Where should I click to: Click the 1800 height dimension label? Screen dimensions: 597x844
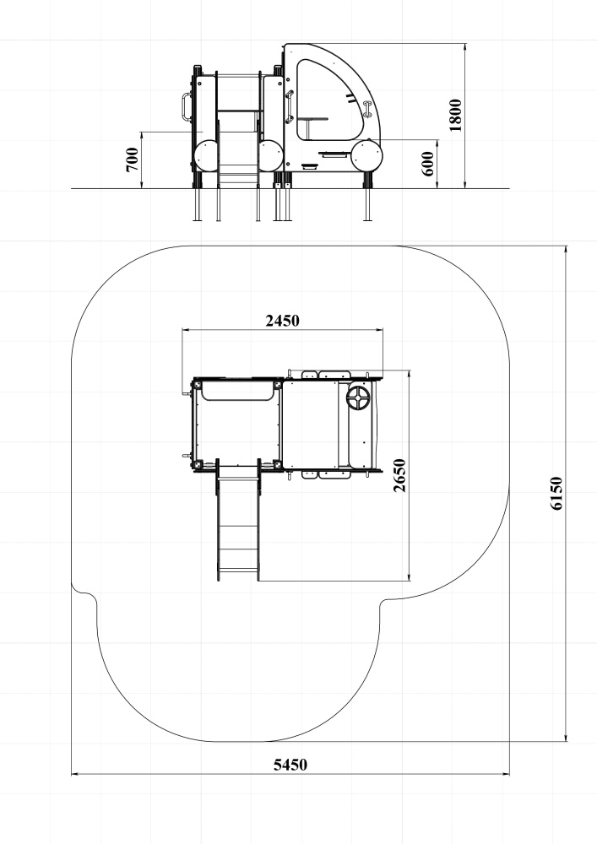455,115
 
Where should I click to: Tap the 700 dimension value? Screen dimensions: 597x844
132,160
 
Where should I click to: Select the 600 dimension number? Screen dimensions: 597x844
428,164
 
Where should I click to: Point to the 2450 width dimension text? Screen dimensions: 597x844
282,321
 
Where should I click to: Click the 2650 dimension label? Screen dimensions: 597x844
399,474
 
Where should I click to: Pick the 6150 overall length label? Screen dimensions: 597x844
556,493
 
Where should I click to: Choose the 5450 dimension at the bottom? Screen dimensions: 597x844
290,765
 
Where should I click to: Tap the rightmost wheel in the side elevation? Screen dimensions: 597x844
366,156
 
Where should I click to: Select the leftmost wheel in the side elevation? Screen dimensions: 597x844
206,156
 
